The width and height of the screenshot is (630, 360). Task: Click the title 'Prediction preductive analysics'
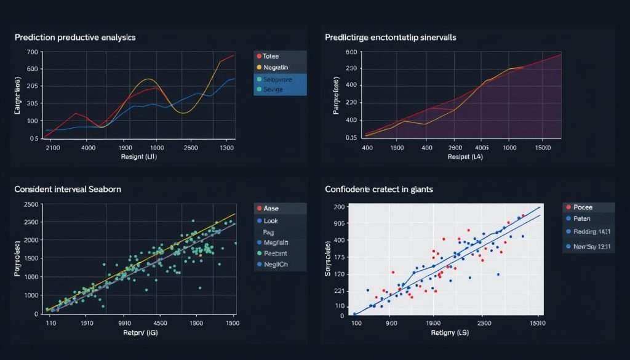click(75, 38)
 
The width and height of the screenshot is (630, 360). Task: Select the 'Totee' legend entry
click(271, 56)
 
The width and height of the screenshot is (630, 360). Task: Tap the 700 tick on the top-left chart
click(33, 52)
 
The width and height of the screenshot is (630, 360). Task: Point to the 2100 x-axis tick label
click(53, 148)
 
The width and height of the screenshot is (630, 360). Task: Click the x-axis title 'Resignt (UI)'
click(140, 158)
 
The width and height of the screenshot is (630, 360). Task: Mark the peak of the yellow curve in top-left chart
click(148, 79)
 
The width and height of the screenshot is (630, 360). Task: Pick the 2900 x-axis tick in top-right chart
click(455, 148)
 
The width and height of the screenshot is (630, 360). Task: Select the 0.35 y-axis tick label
click(351, 138)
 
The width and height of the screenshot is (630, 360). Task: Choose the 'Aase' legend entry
click(271, 209)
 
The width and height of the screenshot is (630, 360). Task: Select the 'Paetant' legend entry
click(275, 253)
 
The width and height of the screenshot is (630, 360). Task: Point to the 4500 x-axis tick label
click(160, 322)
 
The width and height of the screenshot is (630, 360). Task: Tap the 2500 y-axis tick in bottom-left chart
click(30, 204)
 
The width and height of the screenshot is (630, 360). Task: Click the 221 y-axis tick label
click(340, 290)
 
